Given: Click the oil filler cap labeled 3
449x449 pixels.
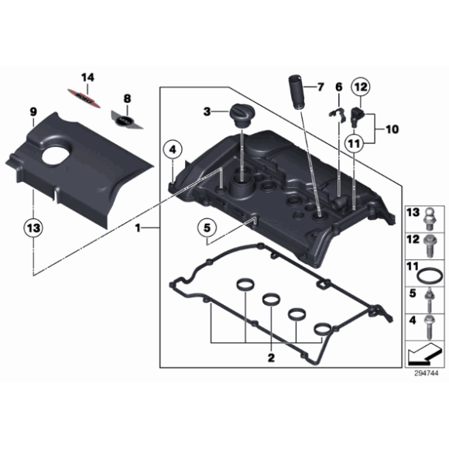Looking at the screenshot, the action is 241,115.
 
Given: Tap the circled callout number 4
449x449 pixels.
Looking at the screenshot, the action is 173,149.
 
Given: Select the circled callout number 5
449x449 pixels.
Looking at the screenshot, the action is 207,228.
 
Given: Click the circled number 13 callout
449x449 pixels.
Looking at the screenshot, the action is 33,228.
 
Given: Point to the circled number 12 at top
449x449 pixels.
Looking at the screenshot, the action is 361,87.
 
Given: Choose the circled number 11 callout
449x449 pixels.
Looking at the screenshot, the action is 355,143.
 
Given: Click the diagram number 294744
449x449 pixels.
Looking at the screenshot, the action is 426,373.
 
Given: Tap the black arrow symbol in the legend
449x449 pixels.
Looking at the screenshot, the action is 423,355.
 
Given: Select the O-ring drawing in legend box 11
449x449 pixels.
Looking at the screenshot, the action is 430,276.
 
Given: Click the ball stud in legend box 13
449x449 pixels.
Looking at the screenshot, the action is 429,219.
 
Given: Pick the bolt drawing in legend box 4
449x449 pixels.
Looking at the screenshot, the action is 429,327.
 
